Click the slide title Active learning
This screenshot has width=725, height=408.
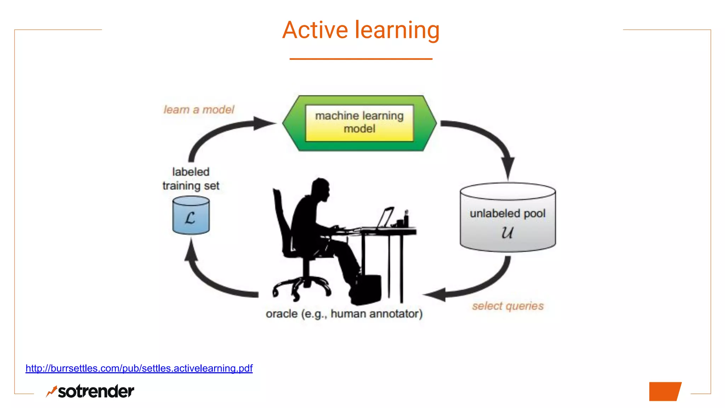tap(361, 30)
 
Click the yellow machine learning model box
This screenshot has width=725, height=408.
tap(359, 123)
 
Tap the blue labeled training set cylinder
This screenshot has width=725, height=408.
tap(191, 216)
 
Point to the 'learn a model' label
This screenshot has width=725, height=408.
tap(199, 110)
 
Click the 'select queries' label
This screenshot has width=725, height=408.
tap(508, 306)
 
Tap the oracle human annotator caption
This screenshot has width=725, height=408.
tap(344, 314)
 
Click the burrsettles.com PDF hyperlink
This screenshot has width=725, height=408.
tap(139, 368)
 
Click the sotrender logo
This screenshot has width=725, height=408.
tap(91, 391)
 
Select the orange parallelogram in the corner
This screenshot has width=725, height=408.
tap(664, 391)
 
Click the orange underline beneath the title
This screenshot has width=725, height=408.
tap(361, 59)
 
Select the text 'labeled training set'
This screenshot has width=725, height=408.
tap(191, 179)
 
